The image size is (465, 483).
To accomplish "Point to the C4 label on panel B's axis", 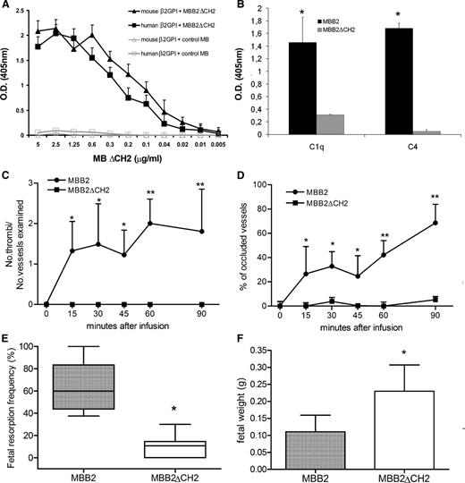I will pyautogui.click(x=412, y=146).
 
